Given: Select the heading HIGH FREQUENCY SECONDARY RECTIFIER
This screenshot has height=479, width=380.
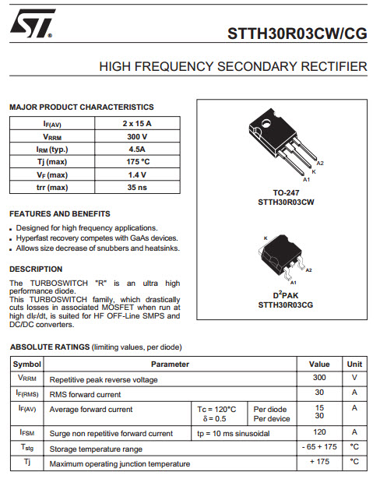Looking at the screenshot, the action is (x=233, y=67).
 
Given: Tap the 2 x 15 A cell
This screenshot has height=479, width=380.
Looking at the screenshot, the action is (x=137, y=124).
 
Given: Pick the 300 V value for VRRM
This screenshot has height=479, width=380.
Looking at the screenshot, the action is (x=137, y=136).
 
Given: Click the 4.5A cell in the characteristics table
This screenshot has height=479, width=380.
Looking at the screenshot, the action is (x=137, y=149).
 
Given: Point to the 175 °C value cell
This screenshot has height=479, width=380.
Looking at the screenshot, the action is (x=137, y=161).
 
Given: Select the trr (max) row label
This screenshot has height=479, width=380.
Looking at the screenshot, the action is (x=52, y=187).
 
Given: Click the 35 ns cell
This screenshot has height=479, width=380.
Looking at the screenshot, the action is (x=137, y=187).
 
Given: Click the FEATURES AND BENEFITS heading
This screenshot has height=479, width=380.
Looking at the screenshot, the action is (x=59, y=213).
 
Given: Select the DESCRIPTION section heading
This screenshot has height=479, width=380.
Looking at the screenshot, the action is (x=36, y=269).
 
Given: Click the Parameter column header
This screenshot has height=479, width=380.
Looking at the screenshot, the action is (x=170, y=364).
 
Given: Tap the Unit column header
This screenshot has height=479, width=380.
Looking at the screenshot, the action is (x=354, y=364).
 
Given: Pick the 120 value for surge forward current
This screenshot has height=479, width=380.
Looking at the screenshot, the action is (x=319, y=431).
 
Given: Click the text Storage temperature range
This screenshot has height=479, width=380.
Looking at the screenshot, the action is (x=96, y=449).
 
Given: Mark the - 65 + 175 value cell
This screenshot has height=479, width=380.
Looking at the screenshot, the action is (x=319, y=448).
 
